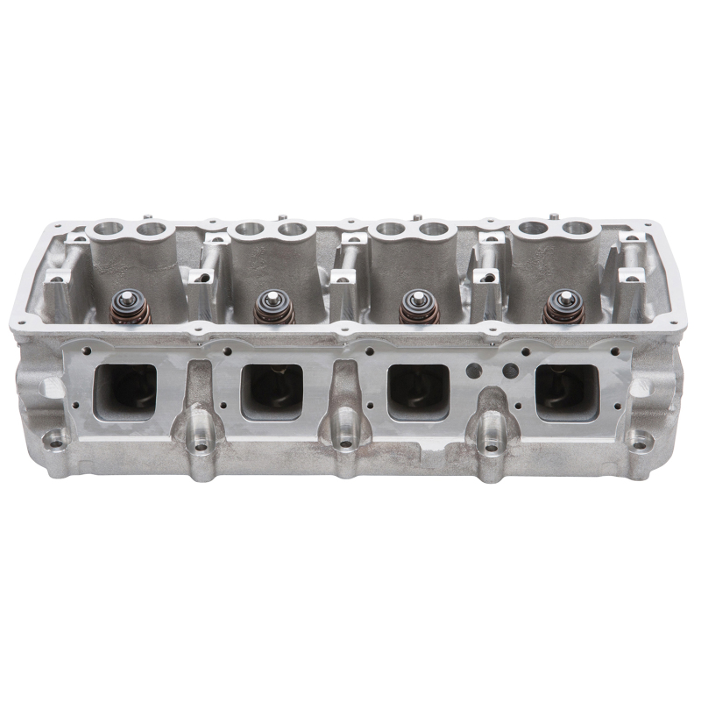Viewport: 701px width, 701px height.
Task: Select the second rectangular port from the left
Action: [272, 391]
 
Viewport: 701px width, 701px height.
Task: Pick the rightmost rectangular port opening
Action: [567, 391]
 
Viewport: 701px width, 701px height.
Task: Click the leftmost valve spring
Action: [120, 307]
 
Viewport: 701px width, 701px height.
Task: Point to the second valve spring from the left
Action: [267, 308]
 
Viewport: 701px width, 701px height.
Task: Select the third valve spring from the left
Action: [413, 308]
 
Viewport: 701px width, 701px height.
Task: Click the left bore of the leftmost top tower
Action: [110, 230]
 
